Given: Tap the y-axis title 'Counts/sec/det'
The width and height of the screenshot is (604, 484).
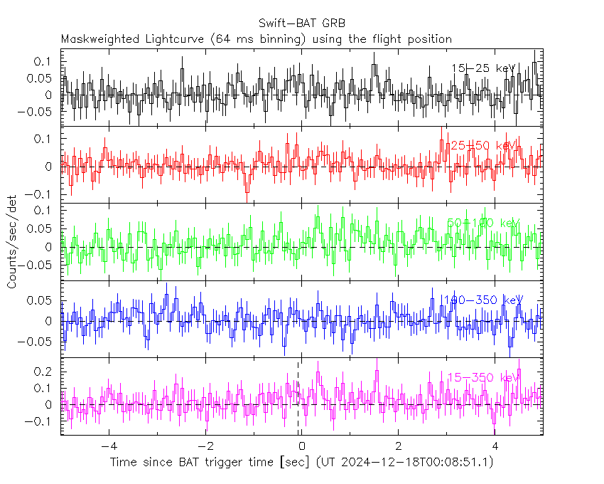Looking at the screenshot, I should pyautogui.click(x=12, y=245).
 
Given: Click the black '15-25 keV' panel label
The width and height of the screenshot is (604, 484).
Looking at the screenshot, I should pyautogui.click(x=483, y=68).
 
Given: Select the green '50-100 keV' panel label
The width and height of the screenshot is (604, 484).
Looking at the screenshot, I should pyautogui.click(x=483, y=223).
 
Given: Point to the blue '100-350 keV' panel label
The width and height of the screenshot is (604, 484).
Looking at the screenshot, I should pyautogui.click(x=483, y=300).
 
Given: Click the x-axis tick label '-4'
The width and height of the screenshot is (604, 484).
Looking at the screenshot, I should pyautogui.click(x=107, y=447).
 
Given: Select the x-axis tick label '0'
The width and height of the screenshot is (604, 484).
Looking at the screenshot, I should pyautogui.click(x=302, y=447).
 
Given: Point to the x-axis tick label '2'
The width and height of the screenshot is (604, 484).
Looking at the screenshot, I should pyautogui.click(x=398, y=447).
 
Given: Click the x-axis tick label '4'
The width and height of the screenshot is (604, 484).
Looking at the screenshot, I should pyautogui.click(x=495, y=447).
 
